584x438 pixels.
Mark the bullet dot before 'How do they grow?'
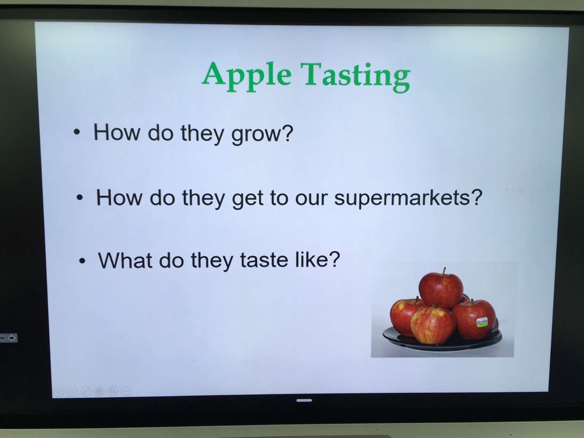click(x=77, y=132)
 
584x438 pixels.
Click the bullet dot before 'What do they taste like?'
click(x=82, y=261)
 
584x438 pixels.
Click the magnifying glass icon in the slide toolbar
click(x=113, y=391)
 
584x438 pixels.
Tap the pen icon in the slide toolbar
click(x=86, y=392)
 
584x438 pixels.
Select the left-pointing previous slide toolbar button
click(x=59, y=392)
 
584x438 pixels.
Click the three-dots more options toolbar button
click(x=126, y=391)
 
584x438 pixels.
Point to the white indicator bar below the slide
click(x=304, y=400)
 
